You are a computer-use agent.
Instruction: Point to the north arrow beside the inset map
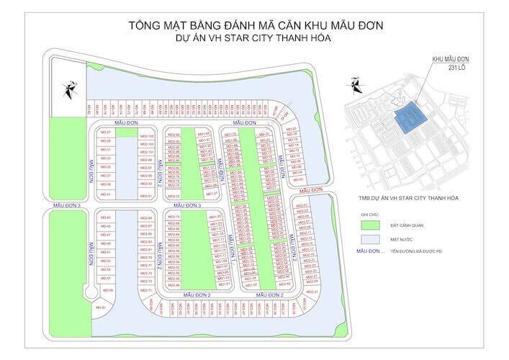point(354,86)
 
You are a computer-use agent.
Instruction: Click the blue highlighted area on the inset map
point(407,120)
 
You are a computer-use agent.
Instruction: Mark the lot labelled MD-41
point(105,194)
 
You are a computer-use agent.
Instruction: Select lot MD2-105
point(146,135)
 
